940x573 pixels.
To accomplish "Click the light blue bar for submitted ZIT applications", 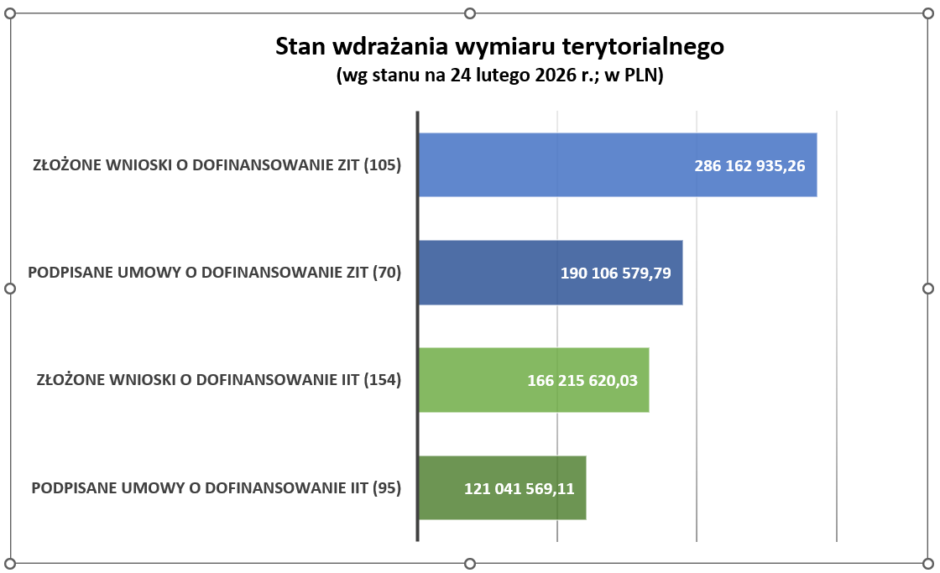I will (x=554, y=165).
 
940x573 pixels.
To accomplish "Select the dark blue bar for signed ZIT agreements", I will (x=487, y=273).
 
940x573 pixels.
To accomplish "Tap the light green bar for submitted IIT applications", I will (x=470, y=380).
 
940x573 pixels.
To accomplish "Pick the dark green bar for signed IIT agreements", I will (x=441, y=487).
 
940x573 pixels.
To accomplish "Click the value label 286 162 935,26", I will (x=749, y=166).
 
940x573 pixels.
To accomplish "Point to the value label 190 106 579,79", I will (x=615, y=273).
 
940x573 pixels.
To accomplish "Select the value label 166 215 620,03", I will (x=582, y=380).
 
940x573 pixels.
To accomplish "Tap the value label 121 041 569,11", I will (x=520, y=488).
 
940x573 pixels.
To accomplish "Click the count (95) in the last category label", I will (x=386, y=487).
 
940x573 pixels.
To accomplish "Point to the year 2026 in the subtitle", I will (x=549, y=76).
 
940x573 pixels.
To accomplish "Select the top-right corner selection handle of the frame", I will (x=927, y=14).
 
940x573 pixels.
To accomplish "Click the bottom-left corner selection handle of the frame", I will (x=11, y=563).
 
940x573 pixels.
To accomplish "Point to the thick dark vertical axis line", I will (x=417, y=327).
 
